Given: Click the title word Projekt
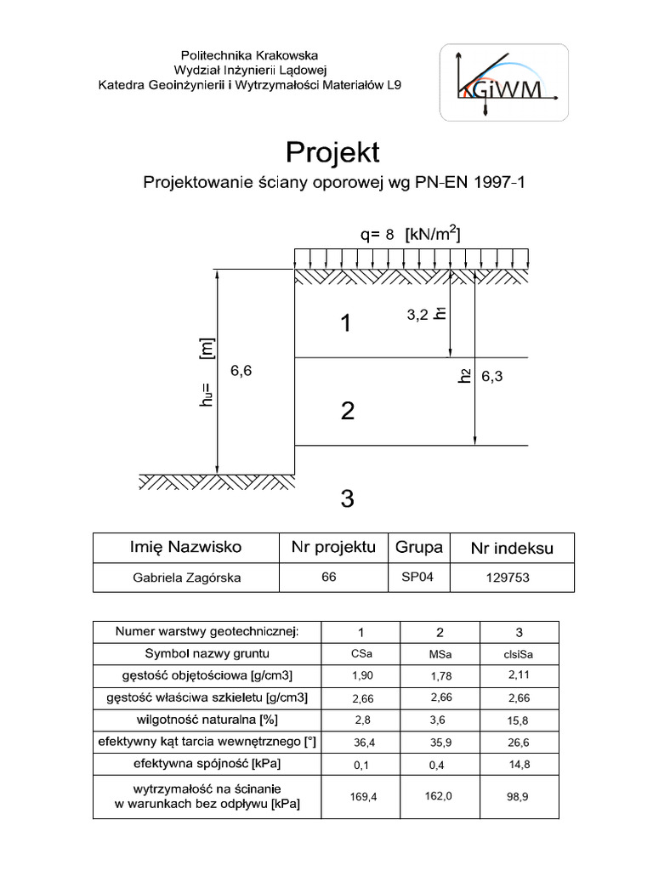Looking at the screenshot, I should (x=332, y=152).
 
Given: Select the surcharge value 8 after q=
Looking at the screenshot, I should (x=389, y=235).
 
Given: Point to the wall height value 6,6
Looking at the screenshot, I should (x=241, y=371).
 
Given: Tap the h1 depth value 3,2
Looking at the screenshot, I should (x=417, y=315).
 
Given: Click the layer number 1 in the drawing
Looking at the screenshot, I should (x=345, y=323).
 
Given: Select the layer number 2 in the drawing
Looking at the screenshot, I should (x=346, y=412).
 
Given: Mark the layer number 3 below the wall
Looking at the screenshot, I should (x=346, y=498).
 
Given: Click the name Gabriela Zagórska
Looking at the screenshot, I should (x=186, y=578).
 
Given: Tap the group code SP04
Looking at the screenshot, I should (x=417, y=577).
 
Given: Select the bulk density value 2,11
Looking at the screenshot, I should (x=519, y=675).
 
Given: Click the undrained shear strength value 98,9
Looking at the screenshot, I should (x=519, y=797).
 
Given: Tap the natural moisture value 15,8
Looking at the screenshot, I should (x=519, y=720).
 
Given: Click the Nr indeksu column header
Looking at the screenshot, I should (x=512, y=549).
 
